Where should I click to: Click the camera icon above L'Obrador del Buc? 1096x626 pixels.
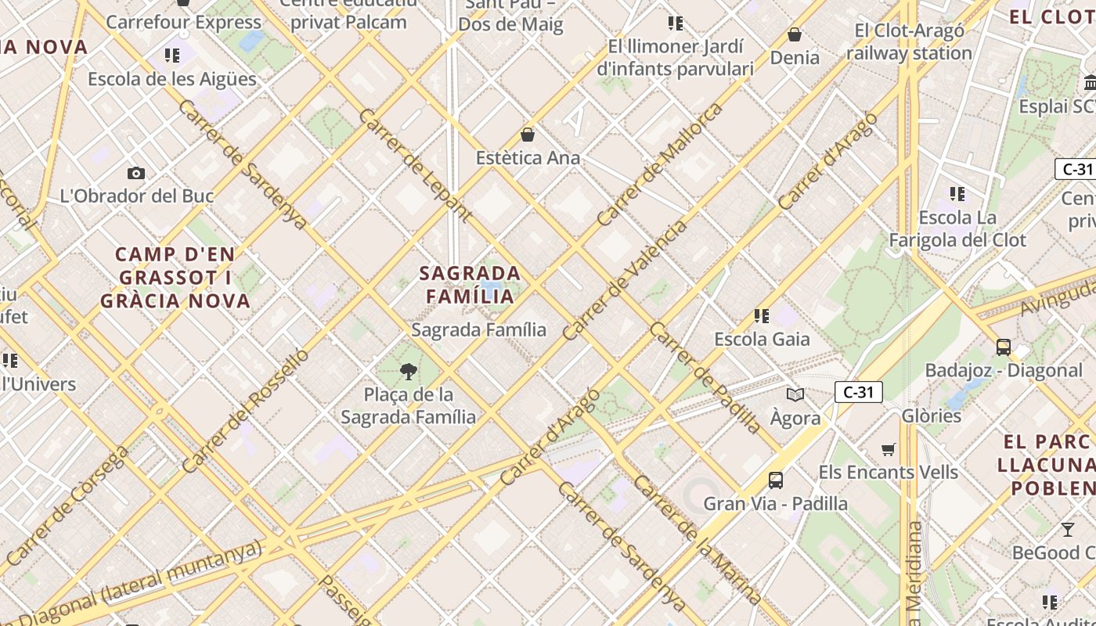tap(136, 173)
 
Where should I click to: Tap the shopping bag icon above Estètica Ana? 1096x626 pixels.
tap(528, 135)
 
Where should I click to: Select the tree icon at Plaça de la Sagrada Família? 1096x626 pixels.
tap(408, 371)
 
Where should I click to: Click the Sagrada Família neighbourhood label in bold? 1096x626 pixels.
tap(470, 284)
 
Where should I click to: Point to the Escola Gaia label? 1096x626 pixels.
tap(761, 339)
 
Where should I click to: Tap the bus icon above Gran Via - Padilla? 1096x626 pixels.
tap(775, 480)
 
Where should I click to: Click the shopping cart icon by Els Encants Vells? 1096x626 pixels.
tap(888, 449)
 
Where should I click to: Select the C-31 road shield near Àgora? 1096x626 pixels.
tap(858, 392)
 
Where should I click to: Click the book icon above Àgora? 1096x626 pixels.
tap(795, 394)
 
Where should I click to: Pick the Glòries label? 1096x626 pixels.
tap(931, 416)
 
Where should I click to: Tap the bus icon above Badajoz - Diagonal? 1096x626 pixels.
tap(1004, 347)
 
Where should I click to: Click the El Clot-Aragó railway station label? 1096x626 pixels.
tap(909, 42)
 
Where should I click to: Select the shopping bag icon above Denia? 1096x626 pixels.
tap(795, 34)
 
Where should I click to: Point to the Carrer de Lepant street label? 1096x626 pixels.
tap(414, 164)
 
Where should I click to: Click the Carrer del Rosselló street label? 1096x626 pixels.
tap(246, 411)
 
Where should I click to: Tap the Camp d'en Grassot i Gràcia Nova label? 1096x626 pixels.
tap(175, 277)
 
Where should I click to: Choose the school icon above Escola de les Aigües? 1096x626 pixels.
tap(171, 56)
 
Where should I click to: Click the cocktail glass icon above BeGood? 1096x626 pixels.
tap(1068, 530)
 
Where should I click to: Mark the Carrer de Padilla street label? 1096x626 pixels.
tap(705, 376)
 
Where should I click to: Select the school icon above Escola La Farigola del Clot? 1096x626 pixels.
tap(957, 193)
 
